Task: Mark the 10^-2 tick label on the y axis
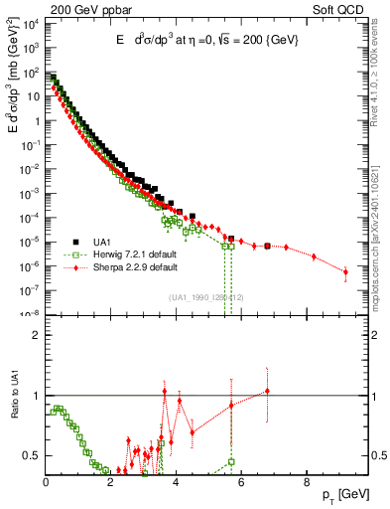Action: tap(32, 169)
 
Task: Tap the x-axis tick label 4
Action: tap(177, 483)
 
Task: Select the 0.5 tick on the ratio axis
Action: tap(34, 455)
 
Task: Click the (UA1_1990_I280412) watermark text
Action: tap(207, 297)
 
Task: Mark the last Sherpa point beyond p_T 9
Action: tap(345, 271)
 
